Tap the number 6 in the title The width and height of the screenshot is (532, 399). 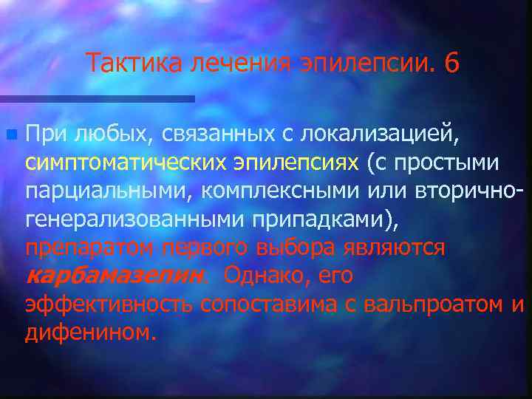[x=451, y=64]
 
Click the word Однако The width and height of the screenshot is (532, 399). [x=266, y=276]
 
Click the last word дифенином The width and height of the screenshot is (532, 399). [x=90, y=332]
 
